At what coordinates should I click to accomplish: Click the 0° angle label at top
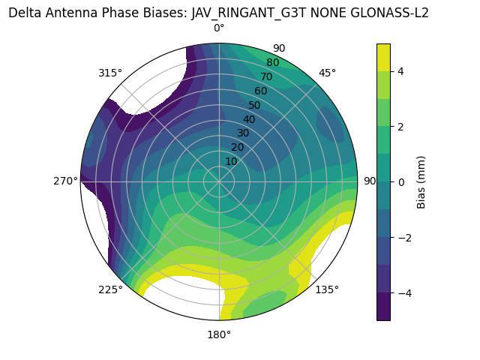point(219,28)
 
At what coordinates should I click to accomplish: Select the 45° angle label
point(327,73)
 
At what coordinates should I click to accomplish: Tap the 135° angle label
point(327,289)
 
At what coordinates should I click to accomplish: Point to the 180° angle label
point(219,334)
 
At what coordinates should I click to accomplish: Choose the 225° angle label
point(110,289)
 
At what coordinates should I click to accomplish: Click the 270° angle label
point(66,181)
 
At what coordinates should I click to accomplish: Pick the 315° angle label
point(110,73)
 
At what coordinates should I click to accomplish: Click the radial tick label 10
point(231,161)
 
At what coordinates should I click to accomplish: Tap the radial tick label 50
point(254,105)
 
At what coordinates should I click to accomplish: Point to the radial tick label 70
point(266,76)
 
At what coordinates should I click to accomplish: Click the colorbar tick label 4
point(400,71)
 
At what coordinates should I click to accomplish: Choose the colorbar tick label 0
point(400,182)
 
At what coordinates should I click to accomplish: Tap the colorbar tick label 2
point(400,127)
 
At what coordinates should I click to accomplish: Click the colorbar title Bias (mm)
point(421,182)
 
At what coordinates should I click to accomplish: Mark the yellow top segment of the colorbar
point(383,57)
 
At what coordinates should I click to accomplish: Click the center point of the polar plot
point(219,181)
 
